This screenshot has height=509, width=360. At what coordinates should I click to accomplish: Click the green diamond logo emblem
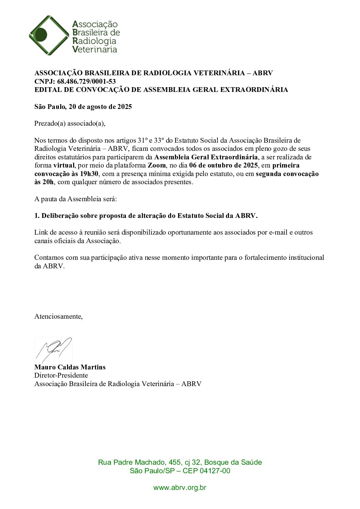49,35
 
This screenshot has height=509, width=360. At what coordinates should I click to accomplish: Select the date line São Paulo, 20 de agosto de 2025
83,107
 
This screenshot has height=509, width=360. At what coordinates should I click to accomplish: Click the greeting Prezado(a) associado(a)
70,123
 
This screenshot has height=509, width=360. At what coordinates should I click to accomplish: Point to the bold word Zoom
157,165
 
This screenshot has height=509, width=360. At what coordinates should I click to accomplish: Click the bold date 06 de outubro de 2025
223,165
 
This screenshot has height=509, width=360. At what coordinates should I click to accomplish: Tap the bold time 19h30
89,174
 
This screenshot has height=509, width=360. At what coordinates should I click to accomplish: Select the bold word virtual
64,165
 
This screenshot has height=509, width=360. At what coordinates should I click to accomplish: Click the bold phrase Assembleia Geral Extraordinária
206,157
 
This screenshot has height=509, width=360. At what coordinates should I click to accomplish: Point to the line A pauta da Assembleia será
76,199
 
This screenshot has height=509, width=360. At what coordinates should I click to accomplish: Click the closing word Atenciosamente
58,316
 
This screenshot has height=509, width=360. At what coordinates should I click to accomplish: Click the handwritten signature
54,349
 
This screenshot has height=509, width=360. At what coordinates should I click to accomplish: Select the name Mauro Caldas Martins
70,367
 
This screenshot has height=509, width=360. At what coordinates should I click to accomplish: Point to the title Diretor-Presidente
61,375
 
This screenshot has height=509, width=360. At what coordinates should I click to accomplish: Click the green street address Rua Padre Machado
180,462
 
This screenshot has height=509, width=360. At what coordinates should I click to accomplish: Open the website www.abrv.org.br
180,488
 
